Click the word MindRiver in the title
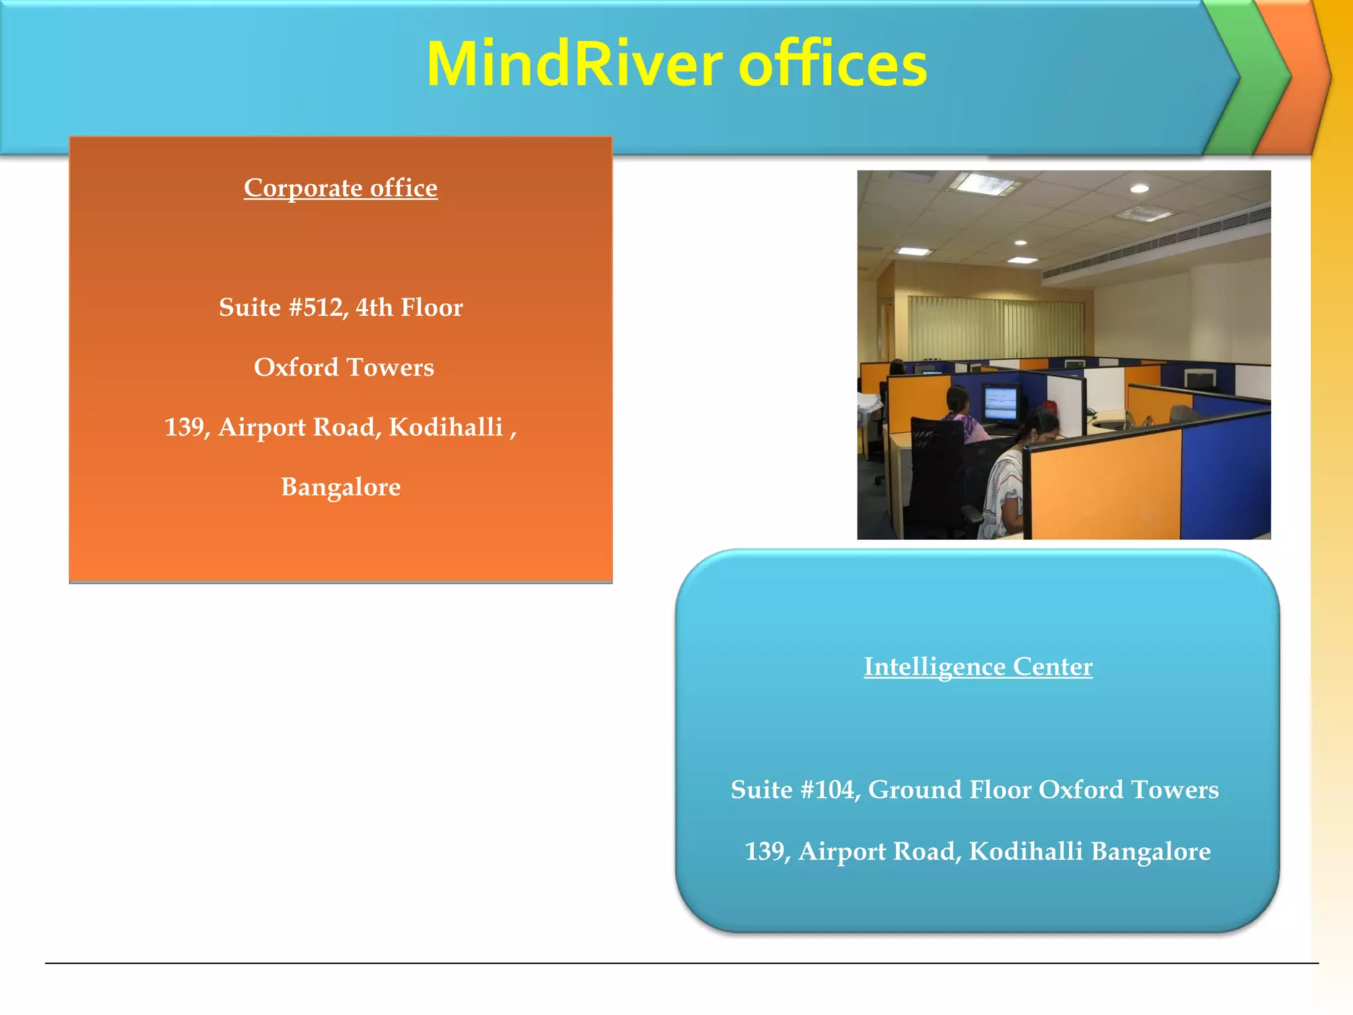575,65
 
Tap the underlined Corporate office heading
340,188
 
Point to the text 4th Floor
409,308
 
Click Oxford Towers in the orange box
344,367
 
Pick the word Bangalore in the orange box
340,488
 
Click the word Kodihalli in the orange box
446,428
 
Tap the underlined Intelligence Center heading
978,667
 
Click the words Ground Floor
949,790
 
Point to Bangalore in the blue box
1151,852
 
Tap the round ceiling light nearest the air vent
1139,189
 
